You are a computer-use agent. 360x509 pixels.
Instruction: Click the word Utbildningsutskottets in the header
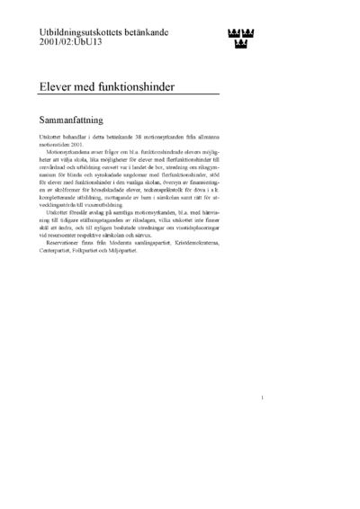click(73, 31)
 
